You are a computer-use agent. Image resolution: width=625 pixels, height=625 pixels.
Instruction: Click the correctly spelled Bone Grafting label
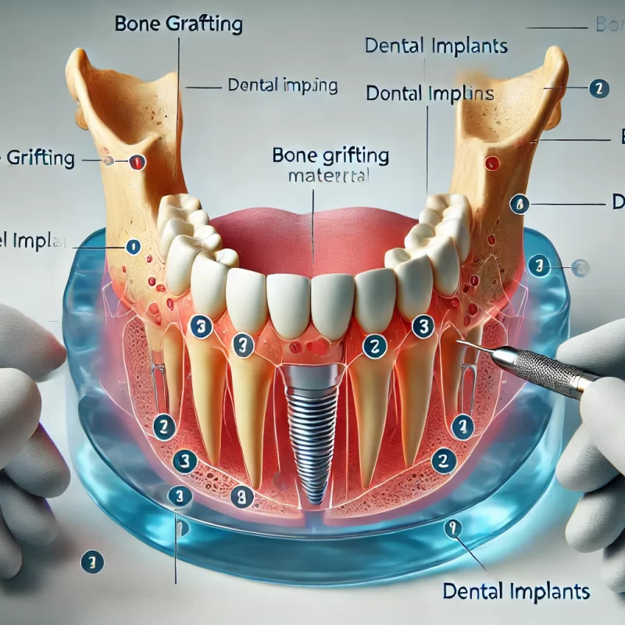point(178,23)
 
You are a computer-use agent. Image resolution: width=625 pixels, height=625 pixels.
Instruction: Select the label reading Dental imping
point(282,85)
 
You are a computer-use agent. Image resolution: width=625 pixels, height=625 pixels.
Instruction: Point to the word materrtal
point(329,177)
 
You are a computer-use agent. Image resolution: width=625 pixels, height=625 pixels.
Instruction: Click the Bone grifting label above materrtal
point(330,155)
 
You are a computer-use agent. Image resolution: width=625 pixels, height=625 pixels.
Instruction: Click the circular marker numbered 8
point(242,493)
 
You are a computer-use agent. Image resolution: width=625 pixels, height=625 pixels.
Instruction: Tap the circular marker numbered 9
point(452,530)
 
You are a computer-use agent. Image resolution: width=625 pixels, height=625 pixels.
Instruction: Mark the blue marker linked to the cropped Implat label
point(133,246)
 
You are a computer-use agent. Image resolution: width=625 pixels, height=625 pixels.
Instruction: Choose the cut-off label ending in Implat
point(31,240)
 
